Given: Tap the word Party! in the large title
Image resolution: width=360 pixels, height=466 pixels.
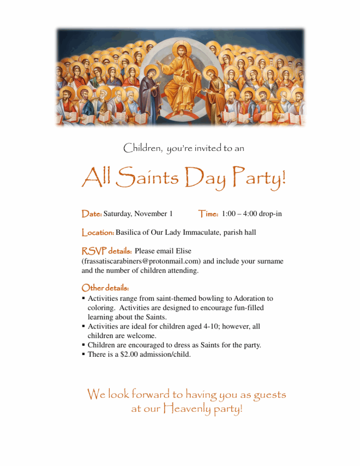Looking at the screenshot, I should [258, 178].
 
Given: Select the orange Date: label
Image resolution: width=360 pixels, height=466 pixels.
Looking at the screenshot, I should [91, 213].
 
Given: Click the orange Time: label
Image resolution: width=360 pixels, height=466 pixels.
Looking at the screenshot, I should [209, 213].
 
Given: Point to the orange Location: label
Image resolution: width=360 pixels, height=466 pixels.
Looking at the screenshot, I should [97, 233].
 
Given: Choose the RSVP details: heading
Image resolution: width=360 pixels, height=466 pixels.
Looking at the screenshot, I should [106, 251].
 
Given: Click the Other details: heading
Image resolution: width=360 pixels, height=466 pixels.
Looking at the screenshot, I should [105, 288].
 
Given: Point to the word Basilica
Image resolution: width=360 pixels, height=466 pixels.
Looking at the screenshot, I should [130, 233].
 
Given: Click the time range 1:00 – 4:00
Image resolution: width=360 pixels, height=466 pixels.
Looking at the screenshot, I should [240, 213].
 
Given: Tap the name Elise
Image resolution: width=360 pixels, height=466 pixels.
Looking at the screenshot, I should [183, 251].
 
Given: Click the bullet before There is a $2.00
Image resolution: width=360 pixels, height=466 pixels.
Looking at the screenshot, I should [84, 354].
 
